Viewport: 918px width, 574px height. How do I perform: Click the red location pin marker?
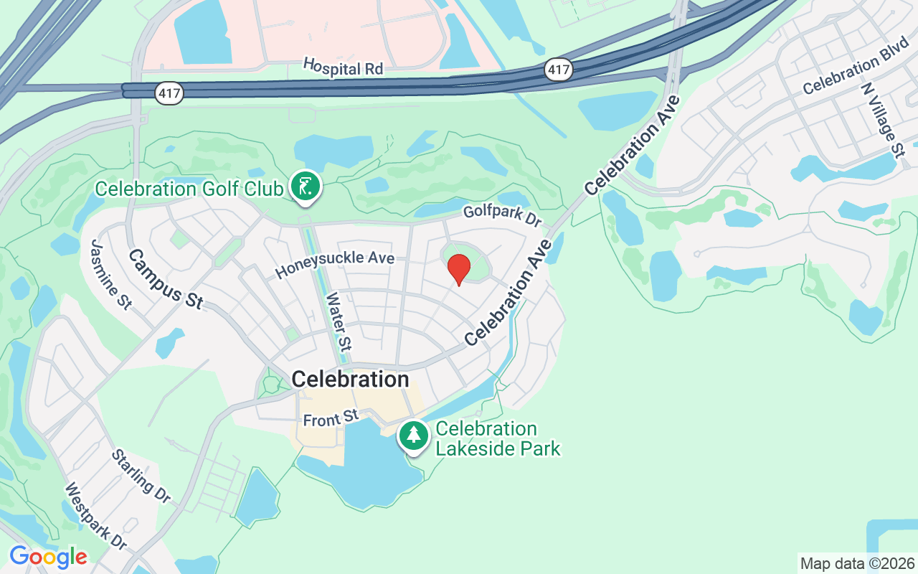(x=459, y=270)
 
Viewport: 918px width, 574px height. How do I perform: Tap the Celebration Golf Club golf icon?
(x=306, y=187)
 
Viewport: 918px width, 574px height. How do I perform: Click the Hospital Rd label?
(x=343, y=67)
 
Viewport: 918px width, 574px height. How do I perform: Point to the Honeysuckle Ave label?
(x=335, y=263)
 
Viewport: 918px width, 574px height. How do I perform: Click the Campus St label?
(x=165, y=278)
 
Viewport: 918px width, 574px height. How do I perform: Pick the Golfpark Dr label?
(x=502, y=215)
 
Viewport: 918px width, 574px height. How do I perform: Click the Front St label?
(x=331, y=418)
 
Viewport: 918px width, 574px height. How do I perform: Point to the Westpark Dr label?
(x=95, y=516)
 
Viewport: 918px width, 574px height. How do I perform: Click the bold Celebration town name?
(x=351, y=379)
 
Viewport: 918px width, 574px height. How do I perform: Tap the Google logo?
(x=48, y=557)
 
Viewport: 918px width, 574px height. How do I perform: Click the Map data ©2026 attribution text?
(x=857, y=563)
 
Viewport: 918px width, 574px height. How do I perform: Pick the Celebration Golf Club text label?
(x=189, y=189)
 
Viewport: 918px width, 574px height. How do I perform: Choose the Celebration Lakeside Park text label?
(x=498, y=438)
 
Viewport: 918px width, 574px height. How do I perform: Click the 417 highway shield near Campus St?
(x=169, y=93)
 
